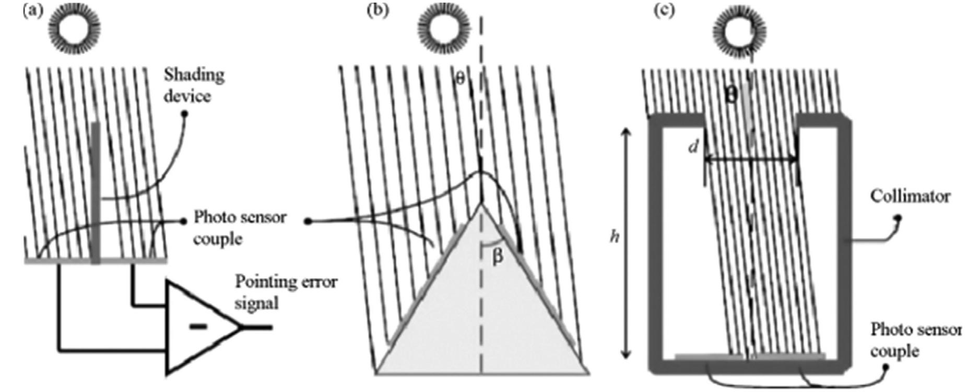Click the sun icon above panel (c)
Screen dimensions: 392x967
(x=739, y=30)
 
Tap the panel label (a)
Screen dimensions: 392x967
(x=32, y=10)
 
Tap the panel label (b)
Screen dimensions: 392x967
(x=378, y=10)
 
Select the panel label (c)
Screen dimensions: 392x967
(x=664, y=10)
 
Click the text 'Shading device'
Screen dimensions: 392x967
(x=194, y=85)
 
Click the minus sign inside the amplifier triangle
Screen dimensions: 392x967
(x=198, y=327)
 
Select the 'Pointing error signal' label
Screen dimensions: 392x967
(x=285, y=292)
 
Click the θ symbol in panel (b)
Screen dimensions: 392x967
(x=460, y=79)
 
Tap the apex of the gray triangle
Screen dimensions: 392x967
(x=481, y=204)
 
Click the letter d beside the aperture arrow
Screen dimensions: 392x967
(x=693, y=147)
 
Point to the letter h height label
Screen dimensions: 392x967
(x=615, y=237)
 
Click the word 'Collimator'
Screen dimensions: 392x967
(x=910, y=197)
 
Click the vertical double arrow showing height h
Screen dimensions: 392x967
(x=627, y=243)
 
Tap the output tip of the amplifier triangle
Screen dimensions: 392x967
(x=241, y=328)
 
